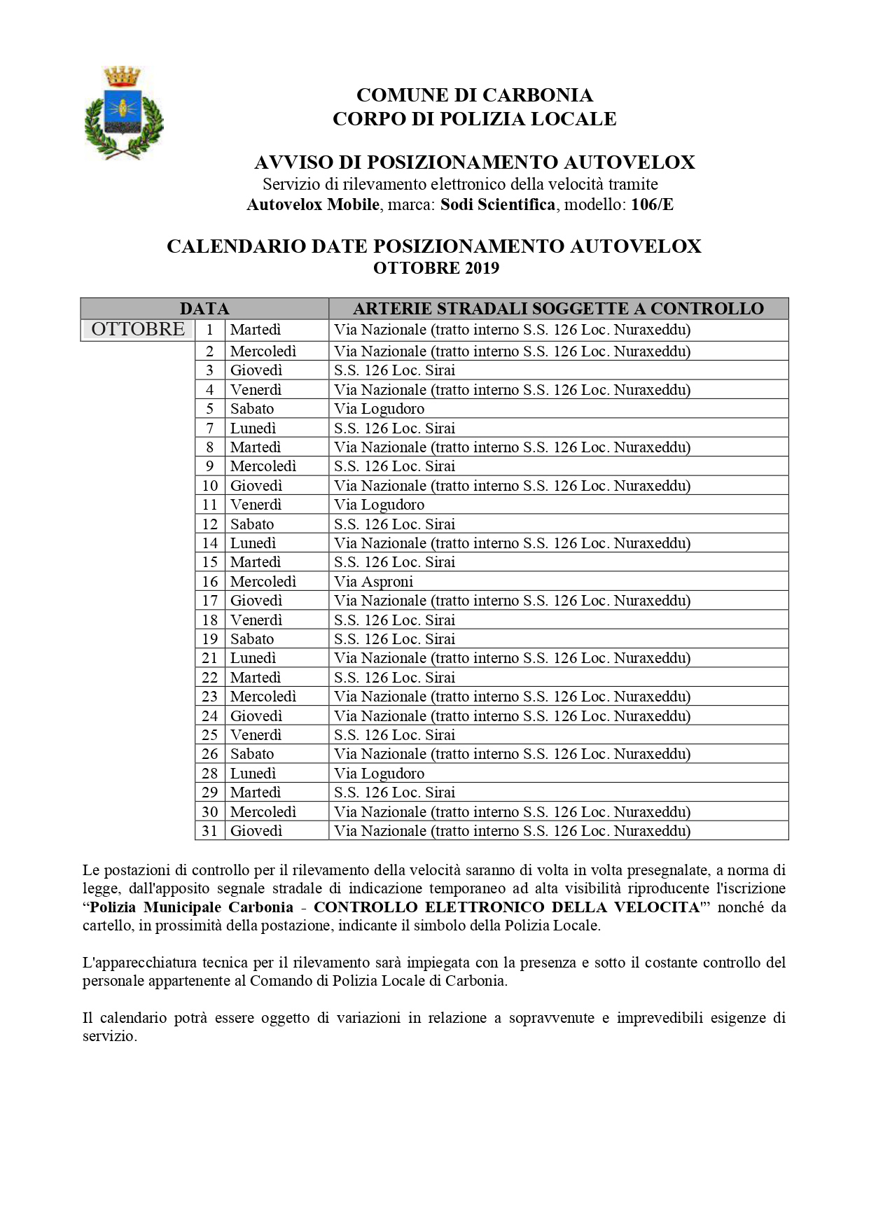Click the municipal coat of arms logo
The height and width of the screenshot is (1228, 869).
123,112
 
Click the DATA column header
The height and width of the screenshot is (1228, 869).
204,309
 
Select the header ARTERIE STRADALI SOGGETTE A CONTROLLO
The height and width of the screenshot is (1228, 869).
558,309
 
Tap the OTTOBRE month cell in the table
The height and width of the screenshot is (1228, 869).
138,329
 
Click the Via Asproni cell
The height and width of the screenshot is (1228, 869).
374,582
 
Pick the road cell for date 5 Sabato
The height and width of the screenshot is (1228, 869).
379,409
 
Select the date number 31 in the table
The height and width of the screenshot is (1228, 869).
210,831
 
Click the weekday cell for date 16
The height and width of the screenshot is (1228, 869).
263,582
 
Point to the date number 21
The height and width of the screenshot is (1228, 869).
210,658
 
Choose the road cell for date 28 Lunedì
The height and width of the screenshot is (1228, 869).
379,774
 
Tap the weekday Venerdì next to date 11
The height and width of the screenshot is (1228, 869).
256,505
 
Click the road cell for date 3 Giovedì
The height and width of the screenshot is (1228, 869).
394,370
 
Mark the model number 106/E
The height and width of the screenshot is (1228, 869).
652,204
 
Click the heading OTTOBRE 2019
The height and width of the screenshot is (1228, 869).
436,268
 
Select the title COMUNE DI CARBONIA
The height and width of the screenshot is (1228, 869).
474,95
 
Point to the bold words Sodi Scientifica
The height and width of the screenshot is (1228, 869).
498,204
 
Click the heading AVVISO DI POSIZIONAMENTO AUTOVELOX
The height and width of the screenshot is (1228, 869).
474,162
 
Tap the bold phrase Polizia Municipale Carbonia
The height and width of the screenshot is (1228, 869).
192,907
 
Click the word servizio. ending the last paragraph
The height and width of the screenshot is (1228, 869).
110,1036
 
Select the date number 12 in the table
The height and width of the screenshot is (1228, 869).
210,524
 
